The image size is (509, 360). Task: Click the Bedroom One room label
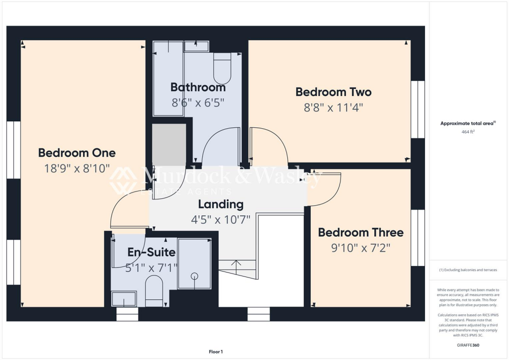click(77, 153)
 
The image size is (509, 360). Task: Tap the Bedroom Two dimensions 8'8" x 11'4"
click(334, 107)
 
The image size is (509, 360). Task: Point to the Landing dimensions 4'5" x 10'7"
click(221, 219)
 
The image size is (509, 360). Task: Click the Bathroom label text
click(198, 88)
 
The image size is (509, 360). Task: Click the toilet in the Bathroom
click(222, 69)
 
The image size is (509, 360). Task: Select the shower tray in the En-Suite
click(194, 264)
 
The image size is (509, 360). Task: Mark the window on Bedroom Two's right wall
click(418, 109)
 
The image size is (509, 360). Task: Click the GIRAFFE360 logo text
click(468, 345)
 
